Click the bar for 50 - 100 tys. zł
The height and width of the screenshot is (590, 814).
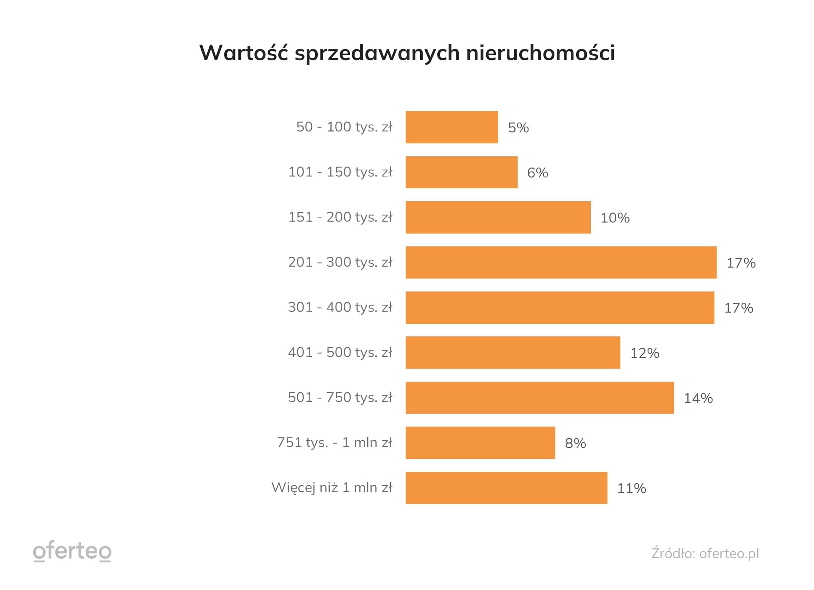pyautogui.click(x=452, y=127)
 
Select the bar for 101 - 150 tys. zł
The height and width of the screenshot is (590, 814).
pyautogui.click(x=461, y=172)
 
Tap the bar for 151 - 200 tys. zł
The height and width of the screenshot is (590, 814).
pyautogui.click(x=498, y=217)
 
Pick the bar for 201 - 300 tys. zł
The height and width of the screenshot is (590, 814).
pyautogui.click(x=560, y=262)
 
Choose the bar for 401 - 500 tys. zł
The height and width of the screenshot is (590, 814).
pyautogui.click(x=512, y=353)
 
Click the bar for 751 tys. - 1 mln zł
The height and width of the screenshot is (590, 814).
pyautogui.click(x=480, y=443)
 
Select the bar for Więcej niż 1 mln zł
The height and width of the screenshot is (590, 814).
pyautogui.click(x=506, y=488)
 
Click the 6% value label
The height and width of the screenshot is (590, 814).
pyautogui.click(x=537, y=173)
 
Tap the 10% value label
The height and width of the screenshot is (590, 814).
pyautogui.click(x=615, y=218)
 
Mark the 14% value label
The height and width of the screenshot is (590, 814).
pyautogui.click(x=698, y=398)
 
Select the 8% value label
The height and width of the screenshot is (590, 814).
pyautogui.click(x=575, y=444)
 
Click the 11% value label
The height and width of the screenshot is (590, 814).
pyautogui.click(x=631, y=488)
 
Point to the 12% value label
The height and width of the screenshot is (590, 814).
pyautogui.click(x=645, y=353)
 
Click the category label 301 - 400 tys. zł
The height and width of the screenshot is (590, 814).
pyautogui.click(x=340, y=307)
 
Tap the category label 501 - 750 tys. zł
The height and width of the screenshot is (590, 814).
pyautogui.click(x=340, y=398)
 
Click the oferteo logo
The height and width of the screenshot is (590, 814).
pyautogui.click(x=72, y=551)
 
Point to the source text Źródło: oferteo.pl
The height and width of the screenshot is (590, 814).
pyautogui.click(x=705, y=553)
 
